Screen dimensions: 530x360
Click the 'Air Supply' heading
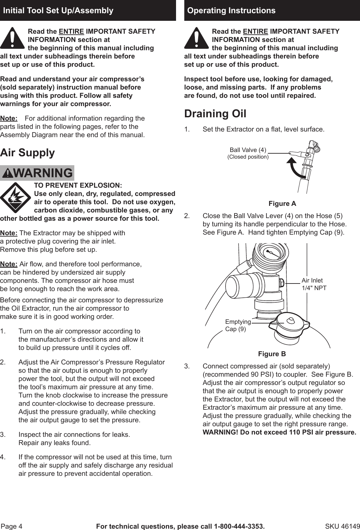[x=27, y=153]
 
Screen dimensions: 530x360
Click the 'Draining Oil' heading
[x=215, y=114]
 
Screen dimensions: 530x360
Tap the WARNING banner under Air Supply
[x=37, y=173]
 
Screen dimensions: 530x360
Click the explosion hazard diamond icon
[x=15, y=198]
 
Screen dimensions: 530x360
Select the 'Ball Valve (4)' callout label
[x=248, y=150]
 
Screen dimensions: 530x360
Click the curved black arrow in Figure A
[x=295, y=167]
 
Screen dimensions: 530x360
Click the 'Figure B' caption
[x=272, y=354]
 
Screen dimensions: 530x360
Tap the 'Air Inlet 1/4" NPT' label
[x=314, y=284]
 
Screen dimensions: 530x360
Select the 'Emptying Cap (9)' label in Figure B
[x=237, y=325]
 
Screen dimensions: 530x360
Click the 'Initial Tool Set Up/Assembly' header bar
[x=88, y=11]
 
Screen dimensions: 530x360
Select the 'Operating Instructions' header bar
[x=272, y=11]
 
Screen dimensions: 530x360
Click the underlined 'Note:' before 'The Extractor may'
[x=9, y=233]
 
